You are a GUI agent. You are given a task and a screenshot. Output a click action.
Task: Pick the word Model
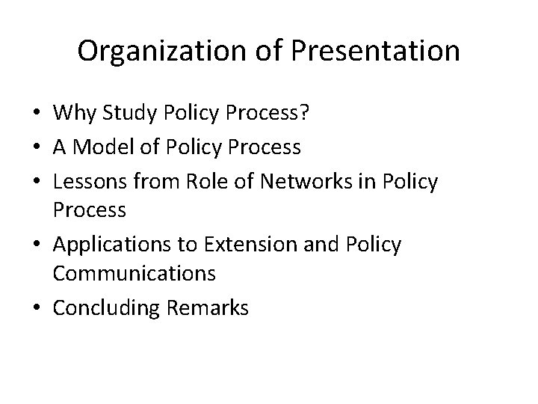click(107, 147)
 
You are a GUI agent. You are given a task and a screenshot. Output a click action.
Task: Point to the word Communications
click(134, 275)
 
